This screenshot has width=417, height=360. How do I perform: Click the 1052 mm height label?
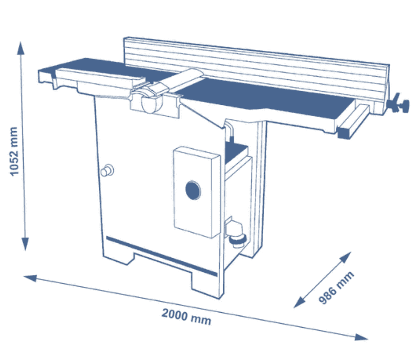14,151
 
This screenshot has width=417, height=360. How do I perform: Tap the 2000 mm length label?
186,317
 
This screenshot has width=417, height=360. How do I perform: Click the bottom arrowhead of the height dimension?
25,244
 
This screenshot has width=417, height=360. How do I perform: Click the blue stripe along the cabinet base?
161,256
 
